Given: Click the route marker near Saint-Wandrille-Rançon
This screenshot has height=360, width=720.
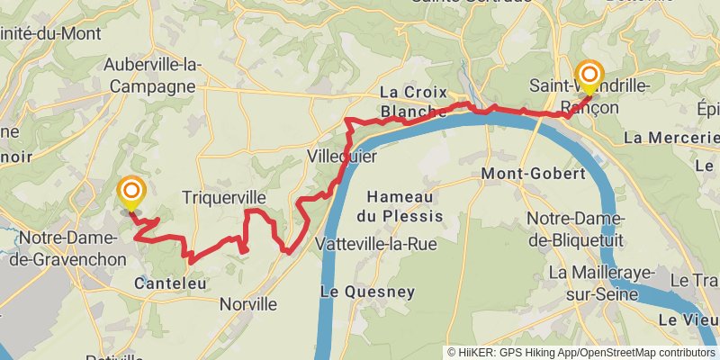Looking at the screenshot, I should point(590,74).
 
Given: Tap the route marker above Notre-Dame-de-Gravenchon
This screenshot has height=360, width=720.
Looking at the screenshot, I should point(131,191).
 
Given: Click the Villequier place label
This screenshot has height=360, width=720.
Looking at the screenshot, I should point(342,156).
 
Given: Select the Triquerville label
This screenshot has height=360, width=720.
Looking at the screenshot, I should point(224,197).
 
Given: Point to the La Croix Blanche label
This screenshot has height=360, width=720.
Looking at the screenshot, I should point(413,101).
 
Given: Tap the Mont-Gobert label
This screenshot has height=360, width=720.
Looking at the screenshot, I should point(523,173).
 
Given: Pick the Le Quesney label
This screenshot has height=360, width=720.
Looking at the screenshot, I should point(367,292).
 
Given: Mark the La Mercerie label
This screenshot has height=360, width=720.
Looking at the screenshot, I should point(670,138).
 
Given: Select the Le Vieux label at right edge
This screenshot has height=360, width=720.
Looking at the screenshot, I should point(688,319).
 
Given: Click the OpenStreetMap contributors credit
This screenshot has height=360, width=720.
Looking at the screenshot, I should point(644,353).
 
